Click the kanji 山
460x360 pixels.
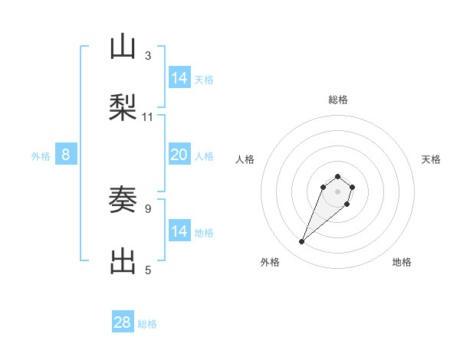point(123,48)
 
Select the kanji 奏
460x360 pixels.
point(123,201)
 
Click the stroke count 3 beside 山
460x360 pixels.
point(148,56)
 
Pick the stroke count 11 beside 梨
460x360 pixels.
point(148,117)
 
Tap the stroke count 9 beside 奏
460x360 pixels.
point(148,208)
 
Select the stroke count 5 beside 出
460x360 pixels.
point(148,270)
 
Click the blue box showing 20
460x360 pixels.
point(179,155)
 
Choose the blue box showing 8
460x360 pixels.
point(66,155)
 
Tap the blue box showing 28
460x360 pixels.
point(123,322)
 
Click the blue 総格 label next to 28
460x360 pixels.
point(147,324)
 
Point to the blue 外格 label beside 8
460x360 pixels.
point(41,156)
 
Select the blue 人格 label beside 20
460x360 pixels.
point(204,156)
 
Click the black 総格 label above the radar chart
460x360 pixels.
point(338,100)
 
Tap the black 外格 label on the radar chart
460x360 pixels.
point(270,262)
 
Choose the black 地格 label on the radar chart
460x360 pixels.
point(402,262)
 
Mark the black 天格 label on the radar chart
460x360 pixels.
point(431,159)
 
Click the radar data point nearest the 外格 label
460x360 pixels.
point(302,242)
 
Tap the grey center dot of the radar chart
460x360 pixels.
point(338,191)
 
